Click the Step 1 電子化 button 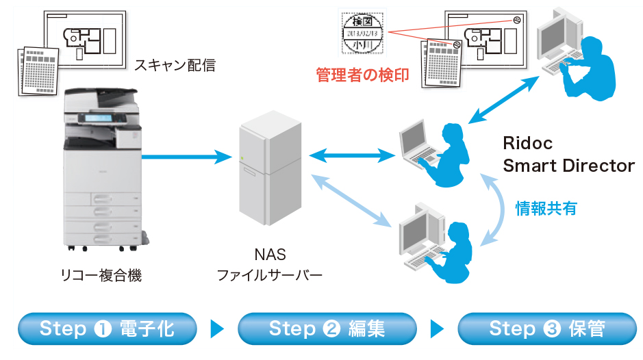[x=107, y=329]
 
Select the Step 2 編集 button [x=327, y=329]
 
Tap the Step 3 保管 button [x=546, y=329]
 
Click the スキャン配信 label [x=175, y=66]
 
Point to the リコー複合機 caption [x=101, y=276]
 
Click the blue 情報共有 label [x=546, y=208]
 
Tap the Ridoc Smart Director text [x=568, y=155]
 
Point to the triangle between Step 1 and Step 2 [x=217, y=329]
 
